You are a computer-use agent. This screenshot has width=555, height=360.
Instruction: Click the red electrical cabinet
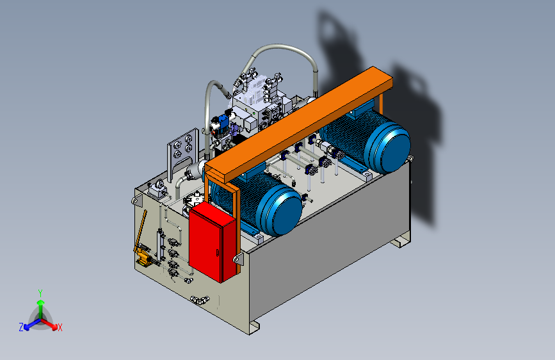click(212, 241)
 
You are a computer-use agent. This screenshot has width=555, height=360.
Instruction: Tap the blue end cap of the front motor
click(282, 211)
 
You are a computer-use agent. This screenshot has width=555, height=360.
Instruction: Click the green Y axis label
click(40, 293)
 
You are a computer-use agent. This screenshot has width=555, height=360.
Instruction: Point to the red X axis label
click(60, 328)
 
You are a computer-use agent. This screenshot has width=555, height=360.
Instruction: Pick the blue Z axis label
click(21, 327)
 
